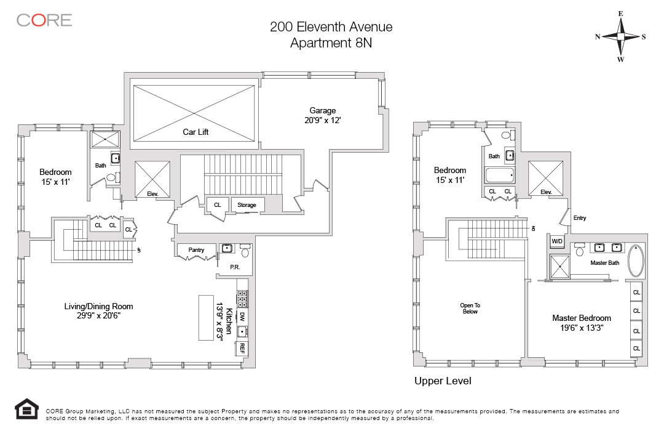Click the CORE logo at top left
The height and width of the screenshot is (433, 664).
click(x=44, y=20)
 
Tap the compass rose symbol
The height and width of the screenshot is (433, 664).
click(x=620, y=36)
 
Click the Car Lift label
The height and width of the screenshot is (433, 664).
click(x=196, y=132)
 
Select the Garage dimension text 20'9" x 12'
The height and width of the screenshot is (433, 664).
click(x=323, y=121)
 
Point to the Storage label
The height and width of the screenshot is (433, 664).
click(x=247, y=205)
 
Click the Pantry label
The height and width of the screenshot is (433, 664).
click(x=196, y=250)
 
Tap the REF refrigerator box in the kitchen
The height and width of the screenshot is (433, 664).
click(x=241, y=348)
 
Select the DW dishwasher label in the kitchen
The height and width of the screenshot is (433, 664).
click(x=242, y=317)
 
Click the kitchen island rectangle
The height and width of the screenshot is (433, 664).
click(x=206, y=317)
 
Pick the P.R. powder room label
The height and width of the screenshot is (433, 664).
click(x=234, y=268)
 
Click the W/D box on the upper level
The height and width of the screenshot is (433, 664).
click(x=557, y=241)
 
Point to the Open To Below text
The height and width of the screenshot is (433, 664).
click(x=470, y=309)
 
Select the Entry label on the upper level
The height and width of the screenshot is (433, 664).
click(x=579, y=218)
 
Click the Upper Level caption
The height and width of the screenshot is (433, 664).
click(x=443, y=381)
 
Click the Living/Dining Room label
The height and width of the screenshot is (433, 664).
click(x=98, y=306)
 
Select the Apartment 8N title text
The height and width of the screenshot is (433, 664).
click(x=331, y=43)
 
